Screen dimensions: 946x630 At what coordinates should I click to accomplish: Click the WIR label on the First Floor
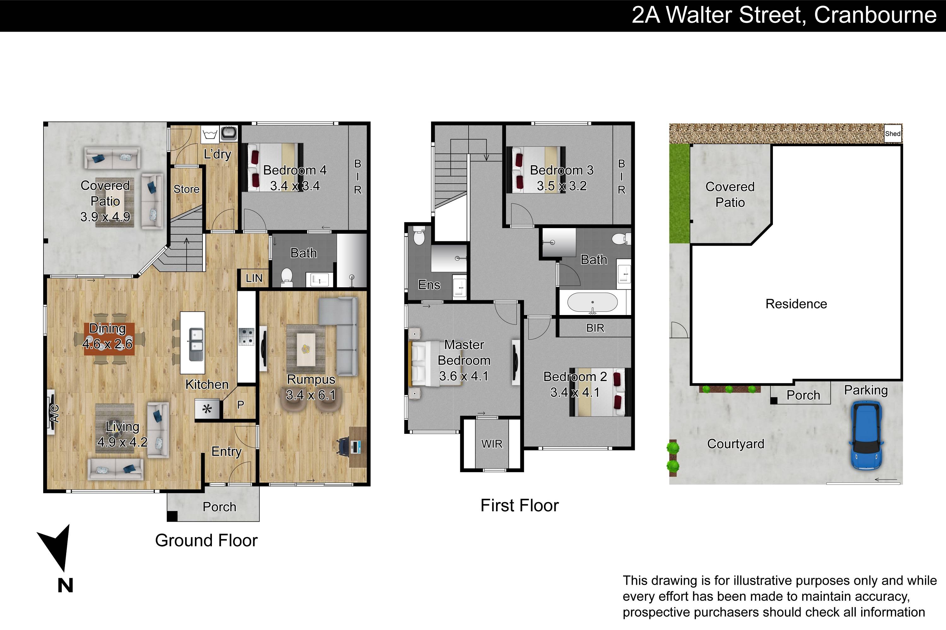[x=492, y=444]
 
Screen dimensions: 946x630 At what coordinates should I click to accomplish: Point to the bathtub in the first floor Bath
[x=592, y=303]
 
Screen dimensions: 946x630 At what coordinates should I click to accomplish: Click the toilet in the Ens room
[x=419, y=236]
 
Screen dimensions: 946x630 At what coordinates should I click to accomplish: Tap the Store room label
[x=186, y=189]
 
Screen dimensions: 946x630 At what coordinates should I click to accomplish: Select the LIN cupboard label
[x=254, y=278]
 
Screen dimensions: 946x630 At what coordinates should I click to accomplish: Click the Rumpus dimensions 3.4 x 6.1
[x=311, y=395]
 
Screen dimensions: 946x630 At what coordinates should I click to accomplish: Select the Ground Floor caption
[x=206, y=541]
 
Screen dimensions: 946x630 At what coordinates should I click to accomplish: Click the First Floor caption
[x=520, y=506]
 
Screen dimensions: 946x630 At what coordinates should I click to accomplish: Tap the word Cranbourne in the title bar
[x=875, y=15]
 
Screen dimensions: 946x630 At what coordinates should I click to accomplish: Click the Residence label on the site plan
[x=796, y=304]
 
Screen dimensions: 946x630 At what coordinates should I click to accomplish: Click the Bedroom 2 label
[x=575, y=376]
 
